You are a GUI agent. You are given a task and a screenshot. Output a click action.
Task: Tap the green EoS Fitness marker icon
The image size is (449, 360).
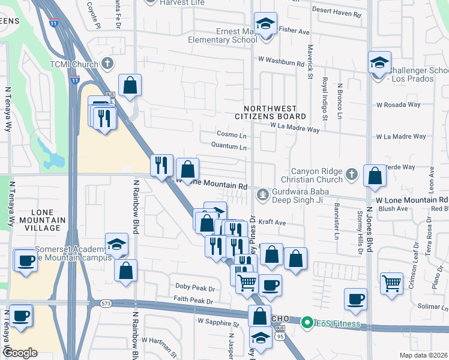308,323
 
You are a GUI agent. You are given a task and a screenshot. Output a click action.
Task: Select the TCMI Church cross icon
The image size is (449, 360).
107,62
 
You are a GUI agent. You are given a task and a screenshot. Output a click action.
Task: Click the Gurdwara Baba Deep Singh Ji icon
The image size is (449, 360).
262,194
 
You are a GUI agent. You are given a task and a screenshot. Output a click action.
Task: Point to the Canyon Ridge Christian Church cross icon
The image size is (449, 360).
352,175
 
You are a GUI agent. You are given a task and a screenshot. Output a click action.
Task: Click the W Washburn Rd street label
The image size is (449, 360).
281,61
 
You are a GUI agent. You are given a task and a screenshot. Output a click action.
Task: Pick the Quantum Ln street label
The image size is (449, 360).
229,146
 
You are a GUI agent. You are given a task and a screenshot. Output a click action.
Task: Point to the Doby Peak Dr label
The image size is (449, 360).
194,287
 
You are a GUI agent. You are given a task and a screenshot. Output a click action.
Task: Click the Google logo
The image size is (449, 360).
20,353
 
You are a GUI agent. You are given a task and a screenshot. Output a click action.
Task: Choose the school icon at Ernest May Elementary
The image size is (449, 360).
265,25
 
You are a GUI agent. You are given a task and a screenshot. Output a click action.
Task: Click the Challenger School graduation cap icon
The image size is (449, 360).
379,63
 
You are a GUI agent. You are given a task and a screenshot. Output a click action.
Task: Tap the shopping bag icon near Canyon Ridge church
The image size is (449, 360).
375,176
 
